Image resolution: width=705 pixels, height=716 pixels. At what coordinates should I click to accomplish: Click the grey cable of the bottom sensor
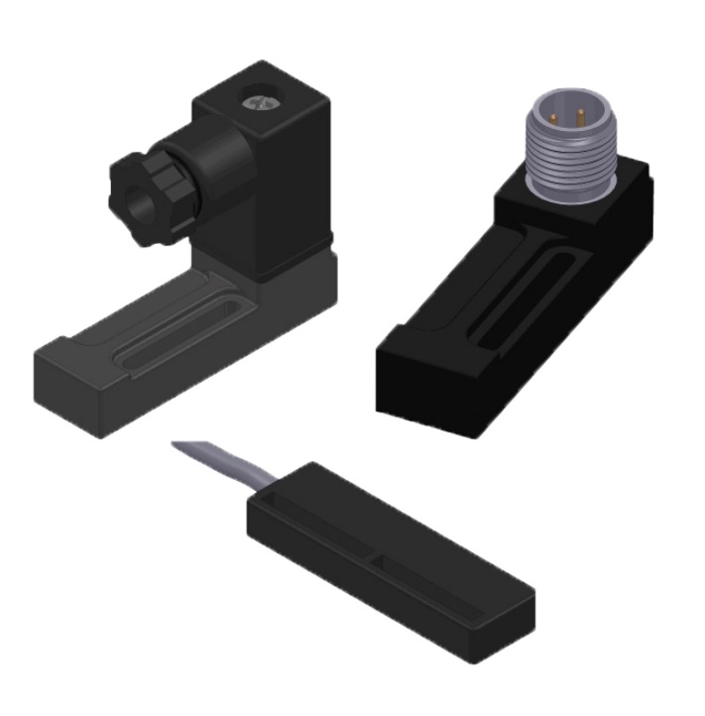coord(213,463)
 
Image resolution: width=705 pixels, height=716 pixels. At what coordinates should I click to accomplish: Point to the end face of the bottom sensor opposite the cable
coord(506,635)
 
